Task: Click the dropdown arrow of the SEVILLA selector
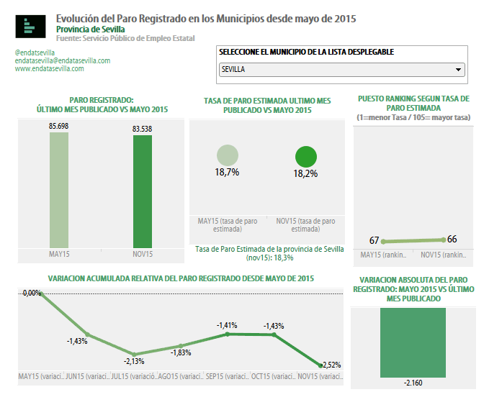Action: coord(458,70)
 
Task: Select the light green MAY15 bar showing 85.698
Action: coord(59,191)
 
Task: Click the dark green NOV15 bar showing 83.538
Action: coord(142,191)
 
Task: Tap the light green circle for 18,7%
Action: coord(227,155)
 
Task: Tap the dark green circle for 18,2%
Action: coord(306,157)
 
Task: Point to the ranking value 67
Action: coord(374,240)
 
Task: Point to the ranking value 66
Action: coord(452,239)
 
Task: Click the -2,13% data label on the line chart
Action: coord(135,361)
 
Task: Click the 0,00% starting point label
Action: coord(32,293)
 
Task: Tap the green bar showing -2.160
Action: coord(414,343)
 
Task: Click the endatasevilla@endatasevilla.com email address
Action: coord(62,61)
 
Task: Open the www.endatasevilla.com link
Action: coord(49,69)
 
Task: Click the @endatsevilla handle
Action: coord(35,53)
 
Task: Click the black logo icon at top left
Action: coord(30,27)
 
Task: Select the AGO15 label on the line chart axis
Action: coord(180,377)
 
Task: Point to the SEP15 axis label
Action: coord(227,377)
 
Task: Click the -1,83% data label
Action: coord(181,352)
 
